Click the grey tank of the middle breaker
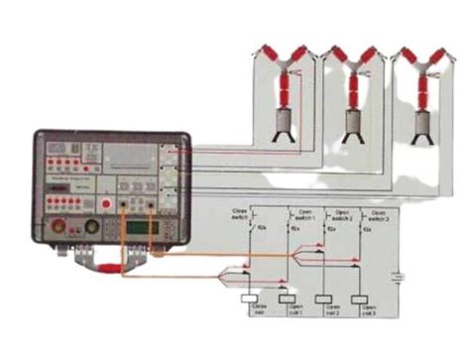[x=350, y=121]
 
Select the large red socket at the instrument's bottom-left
[x=67, y=230]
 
